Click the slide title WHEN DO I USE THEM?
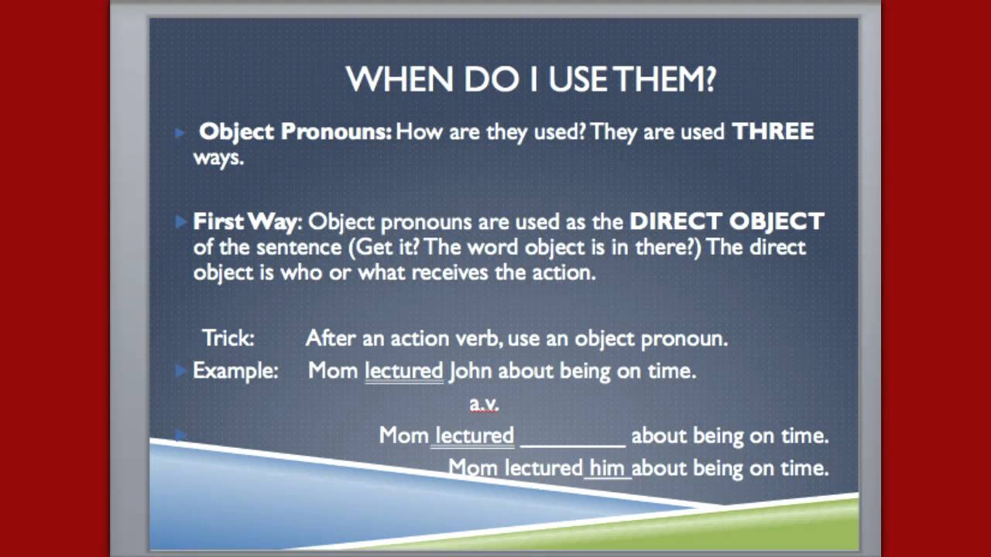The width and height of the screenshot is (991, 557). pos(531,80)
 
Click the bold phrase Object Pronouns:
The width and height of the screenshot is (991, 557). pos(295,132)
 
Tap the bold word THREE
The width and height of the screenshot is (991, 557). pos(773,132)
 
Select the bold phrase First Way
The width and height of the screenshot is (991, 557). pos(244,222)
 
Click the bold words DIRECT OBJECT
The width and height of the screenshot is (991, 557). pos(726,222)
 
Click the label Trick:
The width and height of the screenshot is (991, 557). pos(228,338)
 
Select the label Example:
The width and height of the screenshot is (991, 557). pos(235,371)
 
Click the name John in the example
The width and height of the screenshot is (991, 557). pos(470,371)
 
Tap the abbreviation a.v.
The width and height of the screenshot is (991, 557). pos(484,403)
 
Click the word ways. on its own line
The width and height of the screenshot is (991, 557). pos(218,158)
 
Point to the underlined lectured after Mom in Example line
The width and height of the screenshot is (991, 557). pos(403,371)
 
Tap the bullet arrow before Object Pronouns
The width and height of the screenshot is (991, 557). pos(180,133)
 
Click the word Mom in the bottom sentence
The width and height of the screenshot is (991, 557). pos(474,468)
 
